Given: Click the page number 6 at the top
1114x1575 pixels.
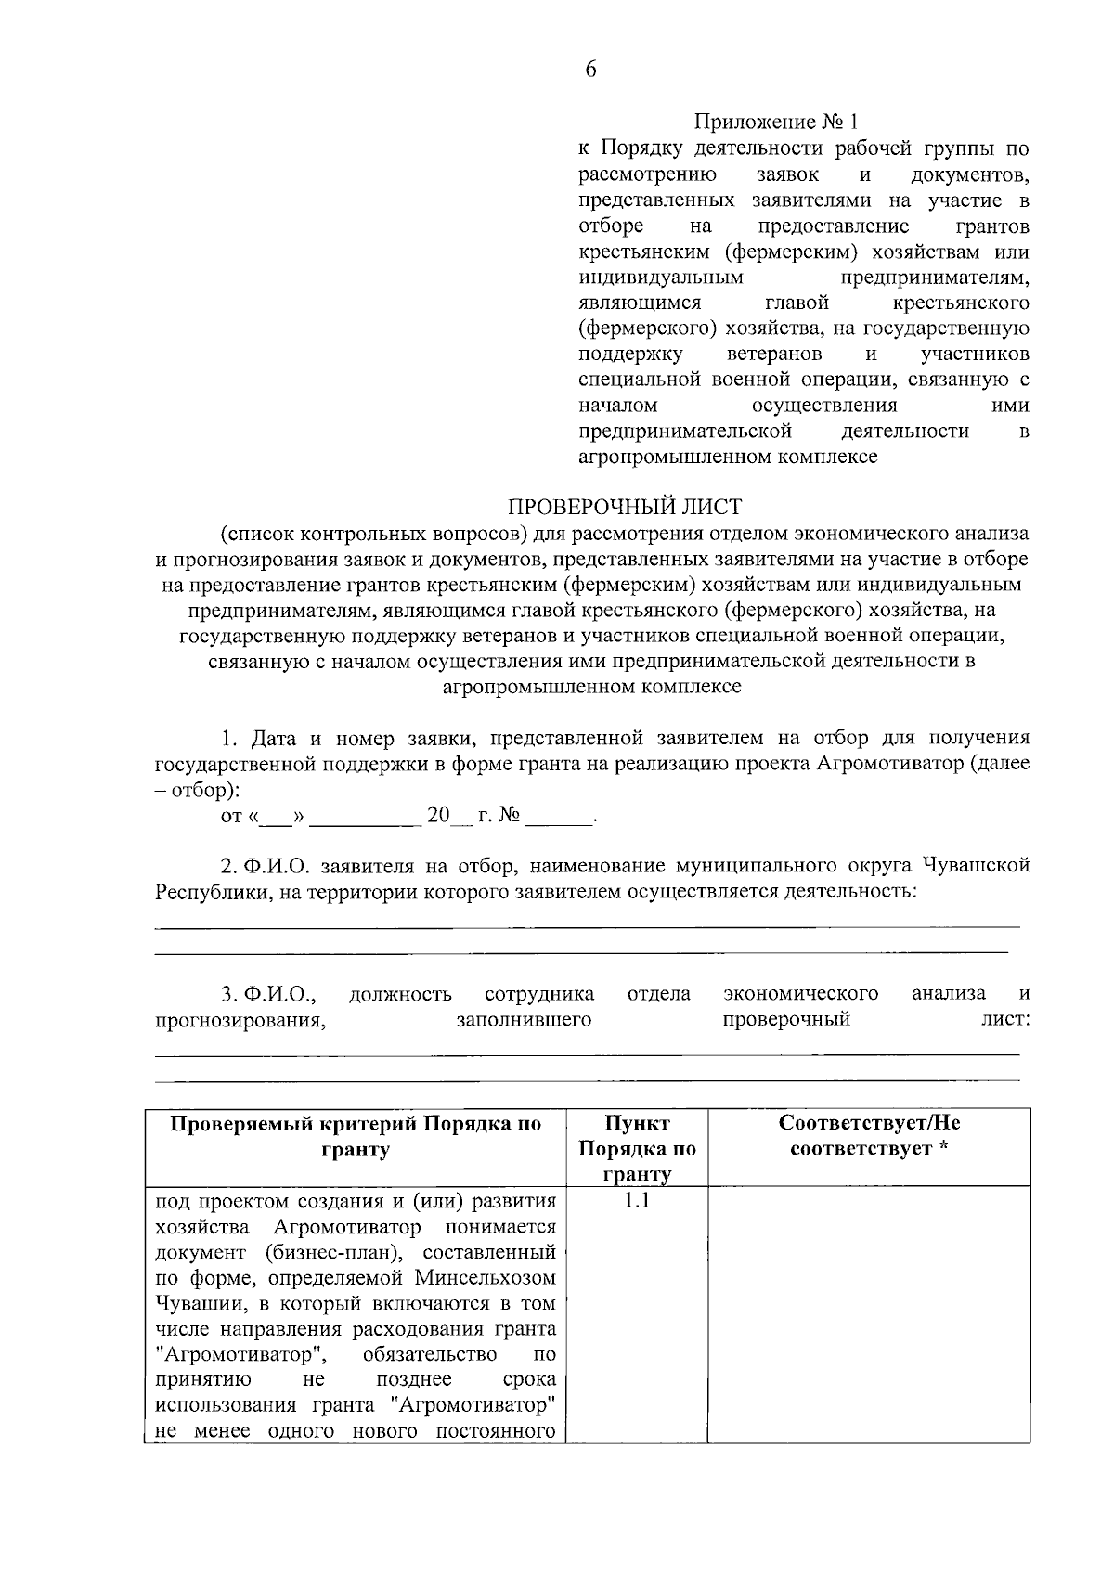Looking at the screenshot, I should tap(590, 71).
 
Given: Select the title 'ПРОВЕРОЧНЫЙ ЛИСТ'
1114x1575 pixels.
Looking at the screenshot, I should tap(625, 507).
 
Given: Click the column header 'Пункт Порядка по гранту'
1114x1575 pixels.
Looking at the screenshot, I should tap(637, 1149).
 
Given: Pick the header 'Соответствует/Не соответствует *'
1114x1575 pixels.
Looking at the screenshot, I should tap(869, 1136).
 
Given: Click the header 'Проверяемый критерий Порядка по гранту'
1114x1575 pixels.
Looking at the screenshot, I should tap(356, 1136).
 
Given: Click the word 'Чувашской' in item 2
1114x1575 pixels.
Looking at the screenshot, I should tap(976, 866).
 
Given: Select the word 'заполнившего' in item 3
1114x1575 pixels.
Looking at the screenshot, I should tap(524, 1020).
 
